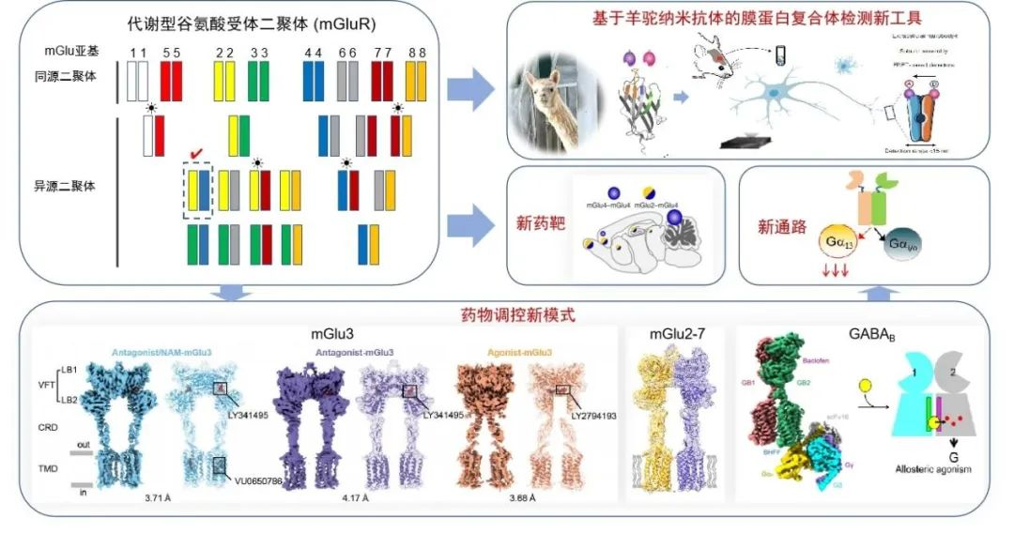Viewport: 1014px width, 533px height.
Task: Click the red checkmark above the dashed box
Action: pyautogui.click(x=196, y=152)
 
